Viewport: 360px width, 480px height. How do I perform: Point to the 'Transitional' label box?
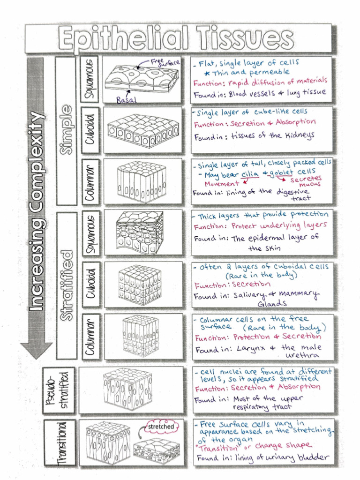click(x=59, y=442)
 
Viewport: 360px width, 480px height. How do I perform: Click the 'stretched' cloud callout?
click(x=160, y=427)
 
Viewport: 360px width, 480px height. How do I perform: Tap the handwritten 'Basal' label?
click(x=125, y=99)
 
